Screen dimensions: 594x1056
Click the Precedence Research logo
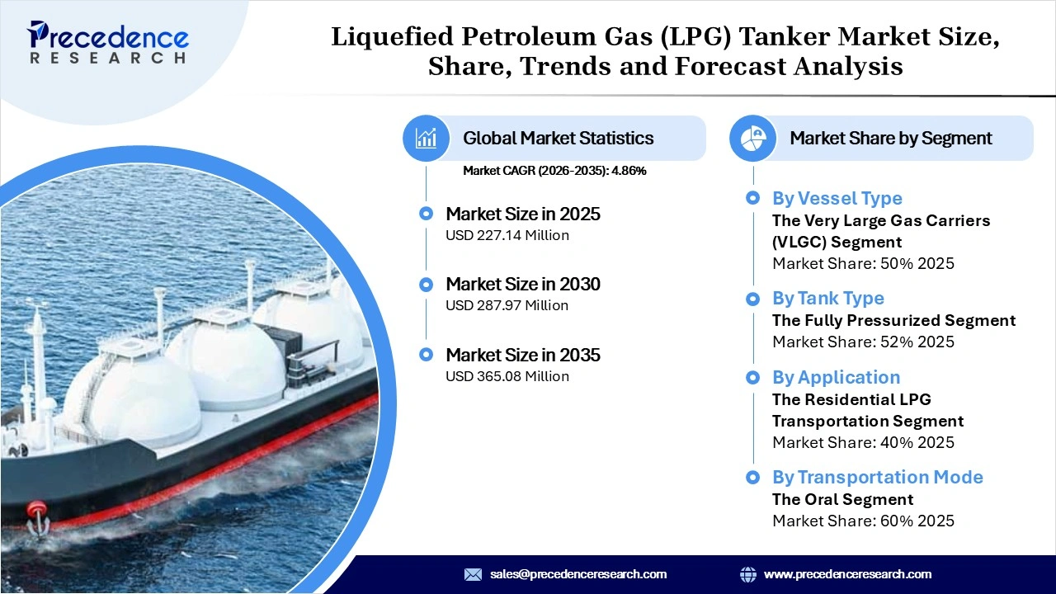coord(108,42)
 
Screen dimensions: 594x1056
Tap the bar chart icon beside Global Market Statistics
coord(426,138)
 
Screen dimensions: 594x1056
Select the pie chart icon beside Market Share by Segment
coord(752,138)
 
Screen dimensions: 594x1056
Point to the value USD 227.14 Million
coord(507,235)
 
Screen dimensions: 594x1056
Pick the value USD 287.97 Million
coord(507,305)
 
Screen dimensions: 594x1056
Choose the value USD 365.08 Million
coord(507,376)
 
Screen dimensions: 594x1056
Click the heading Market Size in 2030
coord(523,284)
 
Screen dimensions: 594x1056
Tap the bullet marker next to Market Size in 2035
coord(426,355)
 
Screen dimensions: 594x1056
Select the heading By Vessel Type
coord(837,198)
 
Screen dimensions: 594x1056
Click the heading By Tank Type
coord(827,298)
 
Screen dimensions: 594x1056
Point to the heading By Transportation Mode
coord(877,477)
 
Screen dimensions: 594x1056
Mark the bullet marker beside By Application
coord(752,377)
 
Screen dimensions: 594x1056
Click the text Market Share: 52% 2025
coord(863,342)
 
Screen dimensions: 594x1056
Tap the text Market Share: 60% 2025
coord(863,521)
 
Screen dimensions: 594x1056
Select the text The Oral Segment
coord(842,499)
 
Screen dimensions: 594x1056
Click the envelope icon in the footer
coord(473,574)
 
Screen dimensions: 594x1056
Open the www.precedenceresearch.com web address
coord(847,574)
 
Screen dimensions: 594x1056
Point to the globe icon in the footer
coord(748,574)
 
